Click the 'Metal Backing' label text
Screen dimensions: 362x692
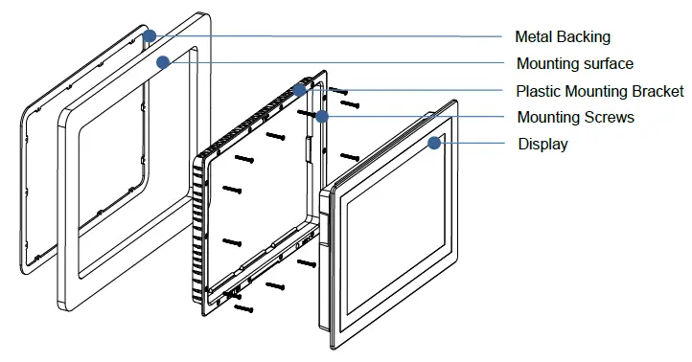pyautogui.click(x=562, y=36)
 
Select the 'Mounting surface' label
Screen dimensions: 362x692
pyautogui.click(x=574, y=63)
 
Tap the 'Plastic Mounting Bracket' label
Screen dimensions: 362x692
pyautogui.click(x=599, y=91)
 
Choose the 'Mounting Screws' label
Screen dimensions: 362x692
pyautogui.click(x=575, y=117)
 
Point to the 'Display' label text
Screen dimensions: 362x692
pyautogui.click(x=542, y=144)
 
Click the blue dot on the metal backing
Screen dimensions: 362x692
pyautogui.click(x=150, y=36)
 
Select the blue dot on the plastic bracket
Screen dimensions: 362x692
pyautogui.click(x=300, y=90)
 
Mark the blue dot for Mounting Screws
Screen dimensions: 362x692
pyautogui.click(x=322, y=117)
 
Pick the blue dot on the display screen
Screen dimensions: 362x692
pyautogui.click(x=434, y=144)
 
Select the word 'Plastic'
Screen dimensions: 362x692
pyautogui.click(x=539, y=91)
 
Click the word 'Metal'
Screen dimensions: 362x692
pyautogui.click(x=535, y=36)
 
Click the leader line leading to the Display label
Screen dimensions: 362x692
pyautogui.click(x=474, y=144)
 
